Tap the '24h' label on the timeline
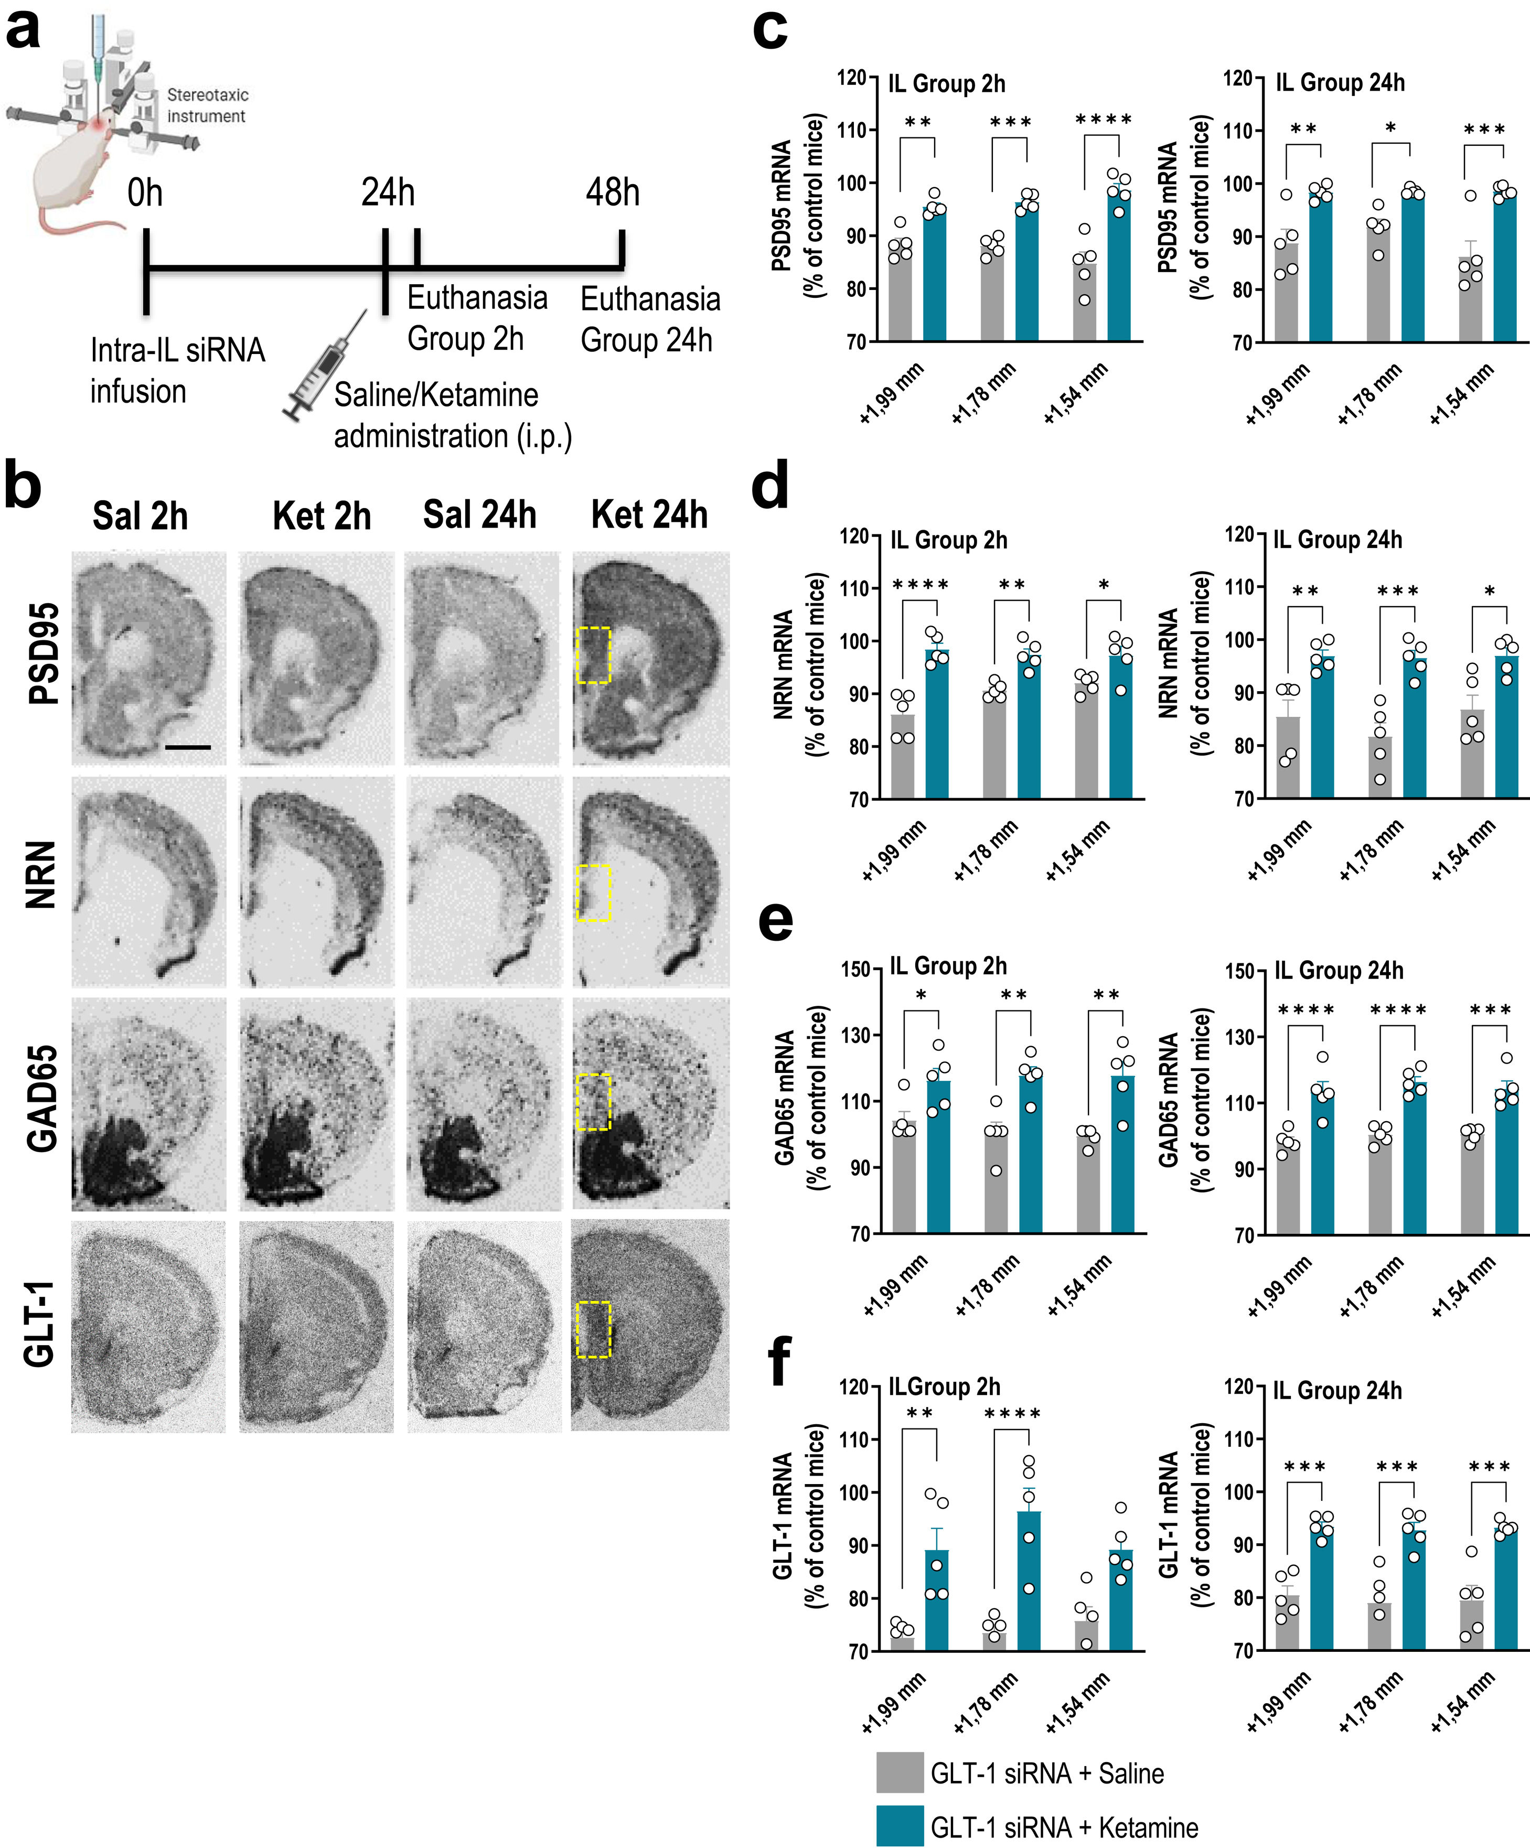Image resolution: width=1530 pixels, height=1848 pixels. pos(387,192)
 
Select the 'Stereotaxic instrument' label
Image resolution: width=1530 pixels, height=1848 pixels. pos(208,105)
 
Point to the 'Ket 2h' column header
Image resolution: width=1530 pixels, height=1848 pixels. pos(322,515)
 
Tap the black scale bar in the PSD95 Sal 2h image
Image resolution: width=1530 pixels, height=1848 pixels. pos(187,747)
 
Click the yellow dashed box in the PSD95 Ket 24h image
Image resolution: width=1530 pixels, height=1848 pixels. pos(593,655)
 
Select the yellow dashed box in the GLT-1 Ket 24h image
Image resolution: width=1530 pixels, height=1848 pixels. pos(593,1329)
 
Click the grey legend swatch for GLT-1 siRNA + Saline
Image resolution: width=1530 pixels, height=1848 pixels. pos(899,1772)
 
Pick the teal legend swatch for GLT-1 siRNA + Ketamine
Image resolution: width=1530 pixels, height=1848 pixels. pos(899,1826)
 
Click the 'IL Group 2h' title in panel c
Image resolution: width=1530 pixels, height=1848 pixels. pos(946,83)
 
